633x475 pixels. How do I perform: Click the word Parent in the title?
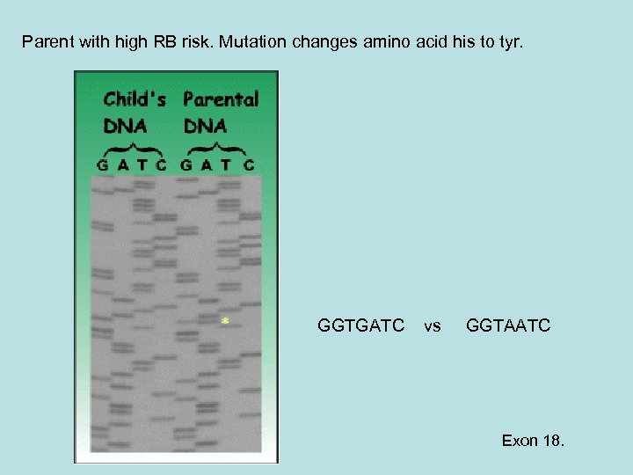[x=46, y=41]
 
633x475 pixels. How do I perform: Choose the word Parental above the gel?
[x=221, y=99]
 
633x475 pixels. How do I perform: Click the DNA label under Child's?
[x=125, y=125]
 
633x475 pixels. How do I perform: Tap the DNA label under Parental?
[x=205, y=125]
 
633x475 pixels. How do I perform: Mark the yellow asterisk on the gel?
[x=225, y=321]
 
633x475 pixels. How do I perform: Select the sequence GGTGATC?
[x=360, y=326]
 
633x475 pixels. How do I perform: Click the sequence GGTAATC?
[x=508, y=326]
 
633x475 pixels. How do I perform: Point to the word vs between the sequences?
[x=433, y=326]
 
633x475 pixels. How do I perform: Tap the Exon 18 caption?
[x=533, y=440]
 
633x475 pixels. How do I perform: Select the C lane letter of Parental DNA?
[x=249, y=164]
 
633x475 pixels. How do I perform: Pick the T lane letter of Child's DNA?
[x=143, y=164]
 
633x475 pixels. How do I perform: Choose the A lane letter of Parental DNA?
[x=207, y=164]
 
